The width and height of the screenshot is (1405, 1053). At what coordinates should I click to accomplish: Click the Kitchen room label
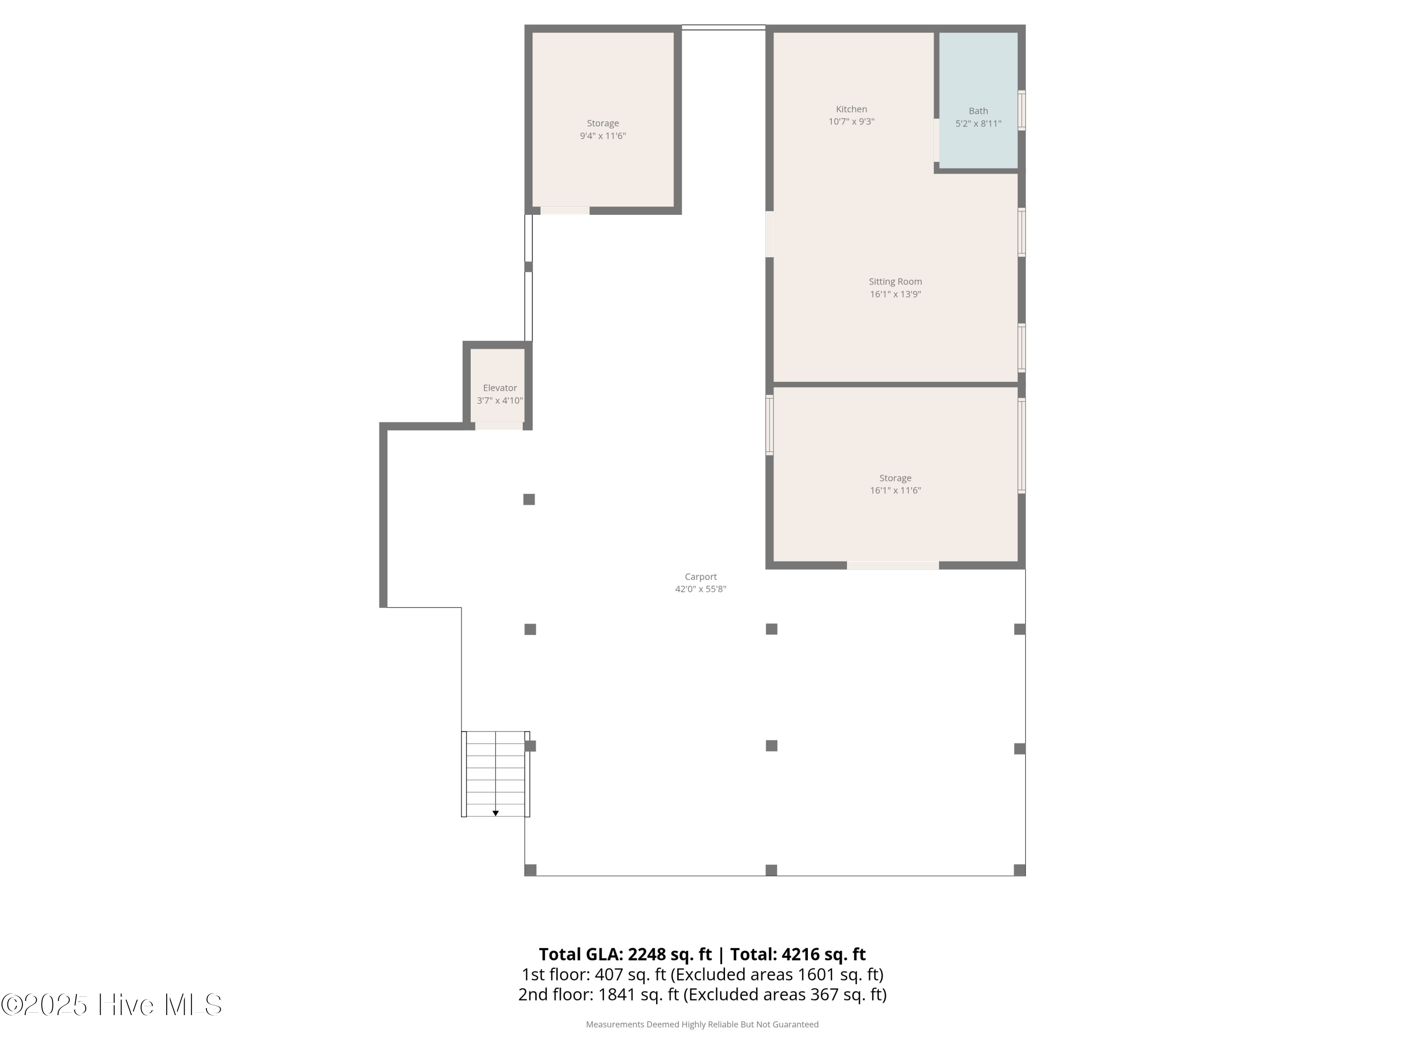click(850, 109)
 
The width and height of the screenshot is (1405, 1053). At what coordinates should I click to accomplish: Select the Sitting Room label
click(895, 281)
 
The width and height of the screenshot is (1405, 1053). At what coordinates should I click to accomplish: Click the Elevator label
click(499, 388)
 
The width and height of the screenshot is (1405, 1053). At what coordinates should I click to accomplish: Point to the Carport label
click(700, 576)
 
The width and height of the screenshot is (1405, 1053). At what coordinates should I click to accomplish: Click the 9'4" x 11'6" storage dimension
click(602, 136)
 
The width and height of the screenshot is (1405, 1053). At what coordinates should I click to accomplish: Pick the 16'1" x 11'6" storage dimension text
click(895, 490)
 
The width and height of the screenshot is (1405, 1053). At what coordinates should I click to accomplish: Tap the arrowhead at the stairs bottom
click(495, 813)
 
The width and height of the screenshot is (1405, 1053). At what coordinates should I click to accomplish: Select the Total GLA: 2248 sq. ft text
click(625, 954)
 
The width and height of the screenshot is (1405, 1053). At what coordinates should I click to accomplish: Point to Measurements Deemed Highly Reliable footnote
click(702, 1024)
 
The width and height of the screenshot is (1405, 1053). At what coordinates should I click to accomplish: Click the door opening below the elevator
click(499, 426)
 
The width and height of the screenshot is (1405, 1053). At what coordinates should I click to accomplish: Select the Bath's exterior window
click(1021, 110)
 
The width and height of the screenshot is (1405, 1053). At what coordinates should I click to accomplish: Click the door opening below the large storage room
click(893, 565)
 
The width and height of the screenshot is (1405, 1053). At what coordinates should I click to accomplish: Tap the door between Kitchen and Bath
click(936, 139)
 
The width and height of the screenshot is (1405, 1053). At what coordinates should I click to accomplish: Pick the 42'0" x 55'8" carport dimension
click(700, 589)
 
